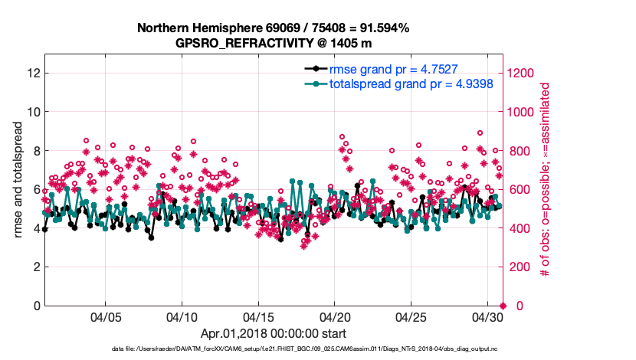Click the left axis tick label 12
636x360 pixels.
pos(32,73)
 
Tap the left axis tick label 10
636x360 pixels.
pos(32,112)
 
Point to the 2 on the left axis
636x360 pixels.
pos(35,267)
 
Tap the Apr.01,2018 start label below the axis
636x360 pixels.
pos(273,334)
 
